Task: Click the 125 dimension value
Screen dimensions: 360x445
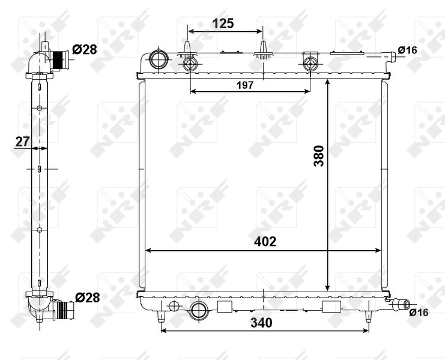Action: point(223,23)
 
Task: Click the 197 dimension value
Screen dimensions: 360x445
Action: point(244,85)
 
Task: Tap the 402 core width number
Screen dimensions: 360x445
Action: point(264,242)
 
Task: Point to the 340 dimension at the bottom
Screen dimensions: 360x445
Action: point(261,322)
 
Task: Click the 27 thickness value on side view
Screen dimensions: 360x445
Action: point(22,142)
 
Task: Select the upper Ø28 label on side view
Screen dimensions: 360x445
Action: point(85,50)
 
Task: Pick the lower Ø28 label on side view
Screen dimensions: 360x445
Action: point(87,297)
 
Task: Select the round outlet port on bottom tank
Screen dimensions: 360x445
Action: point(198,310)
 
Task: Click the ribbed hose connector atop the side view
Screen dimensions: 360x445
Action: point(58,60)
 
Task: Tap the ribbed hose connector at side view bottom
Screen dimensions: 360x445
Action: point(64,310)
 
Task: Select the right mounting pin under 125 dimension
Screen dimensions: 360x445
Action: point(262,46)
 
